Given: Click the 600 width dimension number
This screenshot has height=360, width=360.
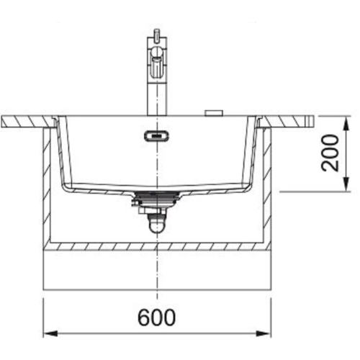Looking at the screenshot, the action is tap(156, 317).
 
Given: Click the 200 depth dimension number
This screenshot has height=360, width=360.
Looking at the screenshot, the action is tap(330, 153).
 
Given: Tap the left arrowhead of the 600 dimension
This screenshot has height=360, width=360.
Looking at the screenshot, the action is tap(50, 333).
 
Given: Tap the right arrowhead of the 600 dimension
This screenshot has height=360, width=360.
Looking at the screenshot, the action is tap(264, 333).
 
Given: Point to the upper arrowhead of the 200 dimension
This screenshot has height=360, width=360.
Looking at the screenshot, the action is tap(346, 123).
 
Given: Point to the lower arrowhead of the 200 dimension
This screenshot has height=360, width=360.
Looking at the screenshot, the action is tap(346, 184).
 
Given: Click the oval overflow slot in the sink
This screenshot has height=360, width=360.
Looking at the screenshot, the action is tap(156, 136).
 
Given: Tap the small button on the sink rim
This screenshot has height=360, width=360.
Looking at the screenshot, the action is tap(214, 113).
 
